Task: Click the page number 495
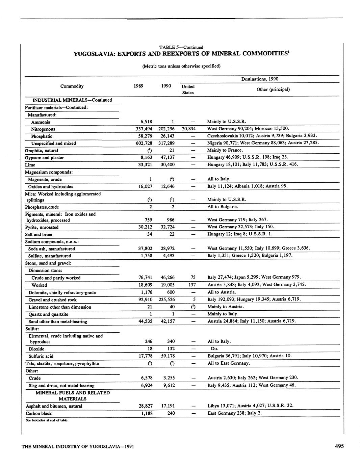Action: click(339, 446)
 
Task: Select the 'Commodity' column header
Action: click(72, 86)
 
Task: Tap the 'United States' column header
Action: click(188, 89)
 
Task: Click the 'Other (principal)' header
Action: click(273, 89)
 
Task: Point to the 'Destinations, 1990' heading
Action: click(259, 79)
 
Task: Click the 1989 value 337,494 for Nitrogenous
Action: click(143, 129)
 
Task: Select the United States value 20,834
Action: click(189, 129)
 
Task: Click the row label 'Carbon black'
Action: click(39, 413)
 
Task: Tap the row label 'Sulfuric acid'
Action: click(41, 356)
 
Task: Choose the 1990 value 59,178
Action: click(168, 356)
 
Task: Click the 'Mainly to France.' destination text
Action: click(225, 150)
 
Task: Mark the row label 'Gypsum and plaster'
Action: click(44, 158)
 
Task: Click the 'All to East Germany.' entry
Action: click(229, 363)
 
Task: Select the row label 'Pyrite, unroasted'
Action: click(42, 227)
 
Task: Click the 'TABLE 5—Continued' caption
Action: click(181, 47)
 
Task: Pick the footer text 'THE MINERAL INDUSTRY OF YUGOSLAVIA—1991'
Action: click(78, 447)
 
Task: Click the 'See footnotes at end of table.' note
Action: click(47, 420)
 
